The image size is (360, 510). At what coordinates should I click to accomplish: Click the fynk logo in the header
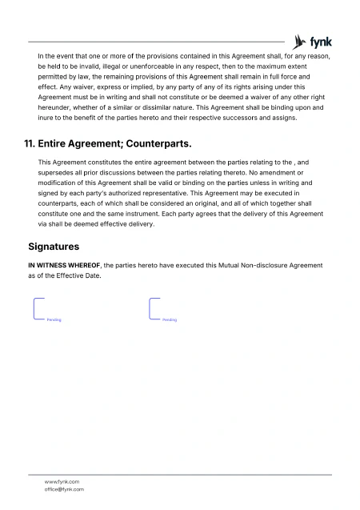click(x=313, y=41)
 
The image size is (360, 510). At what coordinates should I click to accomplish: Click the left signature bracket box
click(x=38, y=308)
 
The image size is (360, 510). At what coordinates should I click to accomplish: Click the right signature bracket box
click(x=154, y=308)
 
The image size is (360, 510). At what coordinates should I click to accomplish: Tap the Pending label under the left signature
click(x=54, y=319)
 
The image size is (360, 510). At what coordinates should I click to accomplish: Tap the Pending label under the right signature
click(x=170, y=319)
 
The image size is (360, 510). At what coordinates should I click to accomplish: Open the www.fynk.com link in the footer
click(x=62, y=481)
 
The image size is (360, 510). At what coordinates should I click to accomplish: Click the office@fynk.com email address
click(x=64, y=489)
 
